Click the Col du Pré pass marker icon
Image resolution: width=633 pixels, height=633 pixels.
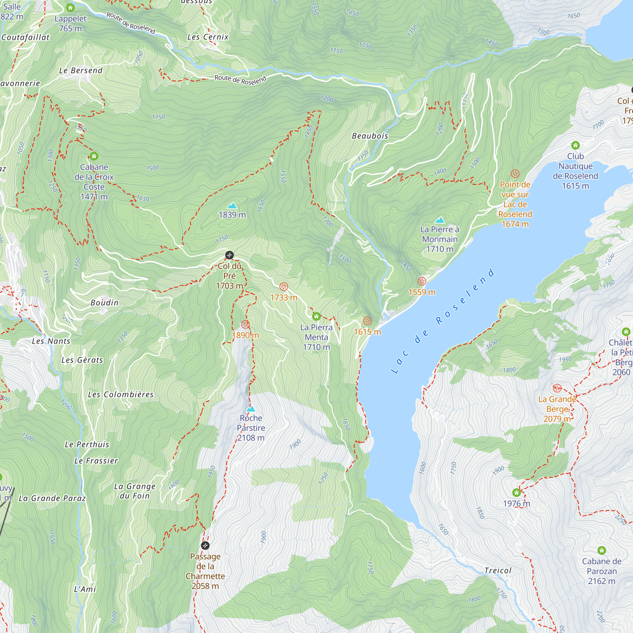[x=229, y=255]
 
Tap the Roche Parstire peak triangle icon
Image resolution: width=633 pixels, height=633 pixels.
[x=251, y=409]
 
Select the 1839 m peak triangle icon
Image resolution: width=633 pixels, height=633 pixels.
[x=232, y=205]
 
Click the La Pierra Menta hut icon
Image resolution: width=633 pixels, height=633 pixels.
[x=316, y=316]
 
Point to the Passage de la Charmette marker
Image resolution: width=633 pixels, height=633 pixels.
[x=205, y=546]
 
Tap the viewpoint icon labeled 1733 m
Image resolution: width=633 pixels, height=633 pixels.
[x=283, y=287]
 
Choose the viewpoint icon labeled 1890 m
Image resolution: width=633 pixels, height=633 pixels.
[x=245, y=324]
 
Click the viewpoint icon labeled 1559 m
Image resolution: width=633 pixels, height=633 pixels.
[x=422, y=281]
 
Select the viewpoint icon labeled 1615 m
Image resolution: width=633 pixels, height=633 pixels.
[x=367, y=321]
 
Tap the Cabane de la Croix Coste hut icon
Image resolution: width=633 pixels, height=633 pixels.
[x=94, y=156]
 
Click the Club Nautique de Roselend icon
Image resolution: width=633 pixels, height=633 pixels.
[x=575, y=145]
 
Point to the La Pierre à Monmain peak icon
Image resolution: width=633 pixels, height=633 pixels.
[x=440, y=220]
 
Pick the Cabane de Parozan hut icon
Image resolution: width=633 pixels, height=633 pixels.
[x=602, y=550]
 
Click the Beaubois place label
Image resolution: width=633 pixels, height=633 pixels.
[x=370, y=136]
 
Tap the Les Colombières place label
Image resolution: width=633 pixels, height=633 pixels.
[x=121, y=394]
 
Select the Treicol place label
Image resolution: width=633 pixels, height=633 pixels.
[x=498, y=571]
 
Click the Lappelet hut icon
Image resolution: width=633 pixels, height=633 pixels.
[x=70, y=8]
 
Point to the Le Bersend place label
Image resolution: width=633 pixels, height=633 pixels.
[x=81, y=71]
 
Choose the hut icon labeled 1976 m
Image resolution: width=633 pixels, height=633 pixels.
[x=516, y=492]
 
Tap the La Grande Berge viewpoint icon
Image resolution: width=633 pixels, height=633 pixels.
[x=557, y=389]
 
